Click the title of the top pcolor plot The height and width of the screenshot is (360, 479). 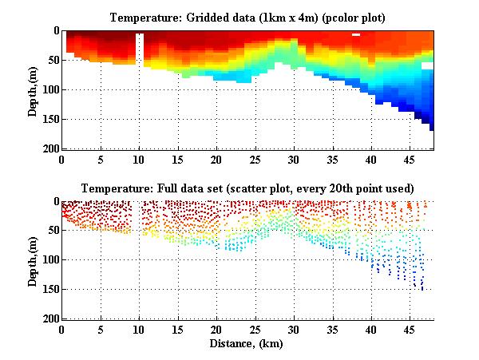[x=248, y=17]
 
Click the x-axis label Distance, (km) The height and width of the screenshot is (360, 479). [x=248, y=342]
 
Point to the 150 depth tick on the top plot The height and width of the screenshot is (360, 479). [x=49, y=120]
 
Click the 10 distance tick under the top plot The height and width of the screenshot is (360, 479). [x=140, y=159]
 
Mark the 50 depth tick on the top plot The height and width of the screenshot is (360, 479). [x=52, y=61]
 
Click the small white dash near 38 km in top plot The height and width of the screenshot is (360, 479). [x=356, y=35]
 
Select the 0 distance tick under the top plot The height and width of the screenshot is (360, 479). [x=62, y=159]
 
